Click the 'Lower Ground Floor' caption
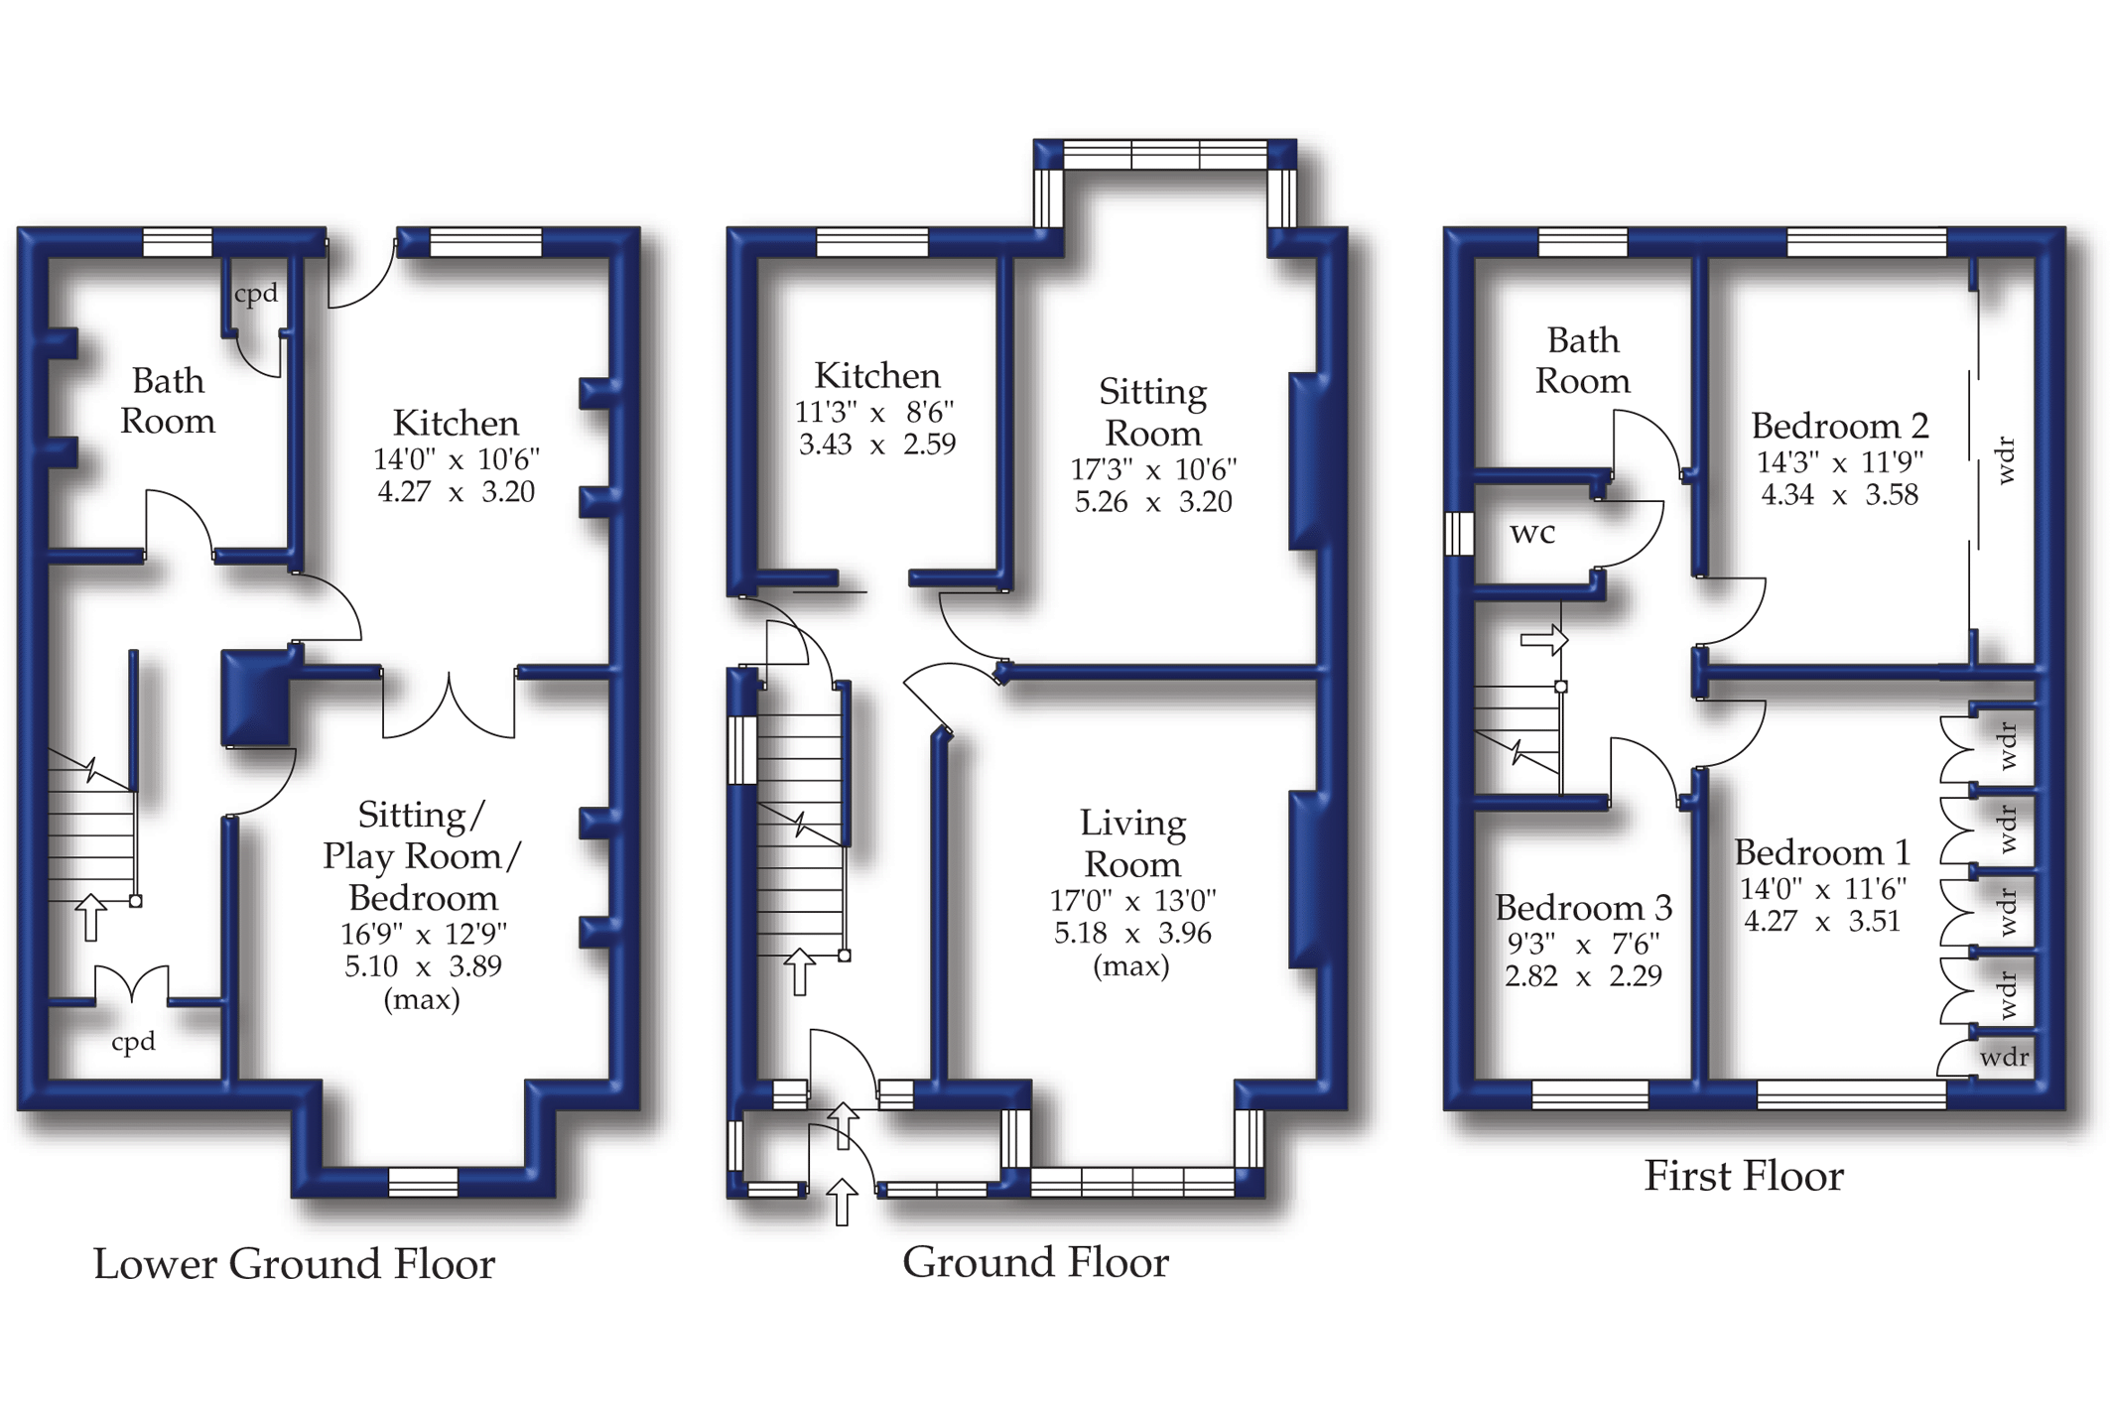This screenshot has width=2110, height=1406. tap(294, 1264)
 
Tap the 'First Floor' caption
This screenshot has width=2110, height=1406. tap(1744, 1176)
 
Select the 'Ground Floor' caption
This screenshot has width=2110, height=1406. tap(1035, 1262)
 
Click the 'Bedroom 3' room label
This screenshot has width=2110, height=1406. tap(1584, 908)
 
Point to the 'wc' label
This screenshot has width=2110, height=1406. tap(1532, 534)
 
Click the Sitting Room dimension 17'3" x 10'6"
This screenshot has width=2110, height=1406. tap(1153, 469)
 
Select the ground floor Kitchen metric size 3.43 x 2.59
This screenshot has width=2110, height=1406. tap(877, 444)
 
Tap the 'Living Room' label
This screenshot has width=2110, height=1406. tap(1132, 843)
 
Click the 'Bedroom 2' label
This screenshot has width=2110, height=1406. tap(1839, 426)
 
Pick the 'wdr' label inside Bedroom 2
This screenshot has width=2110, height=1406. tap(2006, 459)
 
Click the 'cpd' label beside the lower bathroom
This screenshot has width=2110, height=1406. tap(256, 295)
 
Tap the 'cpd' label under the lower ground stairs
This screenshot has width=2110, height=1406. tap(133, 1042)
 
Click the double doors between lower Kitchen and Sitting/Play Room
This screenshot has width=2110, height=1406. tap(449, 705)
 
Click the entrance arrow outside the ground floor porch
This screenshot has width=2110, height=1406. tap(842, 1202)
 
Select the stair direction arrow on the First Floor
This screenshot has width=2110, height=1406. tap(1544, 641)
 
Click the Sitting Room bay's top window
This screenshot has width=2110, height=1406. tap(1165, 156)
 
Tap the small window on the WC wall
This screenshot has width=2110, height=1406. tap(1459, 533)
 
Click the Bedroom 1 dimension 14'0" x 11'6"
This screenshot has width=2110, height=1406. tap(1823, 889)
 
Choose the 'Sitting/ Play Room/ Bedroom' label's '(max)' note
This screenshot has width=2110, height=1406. tap(422, 999)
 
